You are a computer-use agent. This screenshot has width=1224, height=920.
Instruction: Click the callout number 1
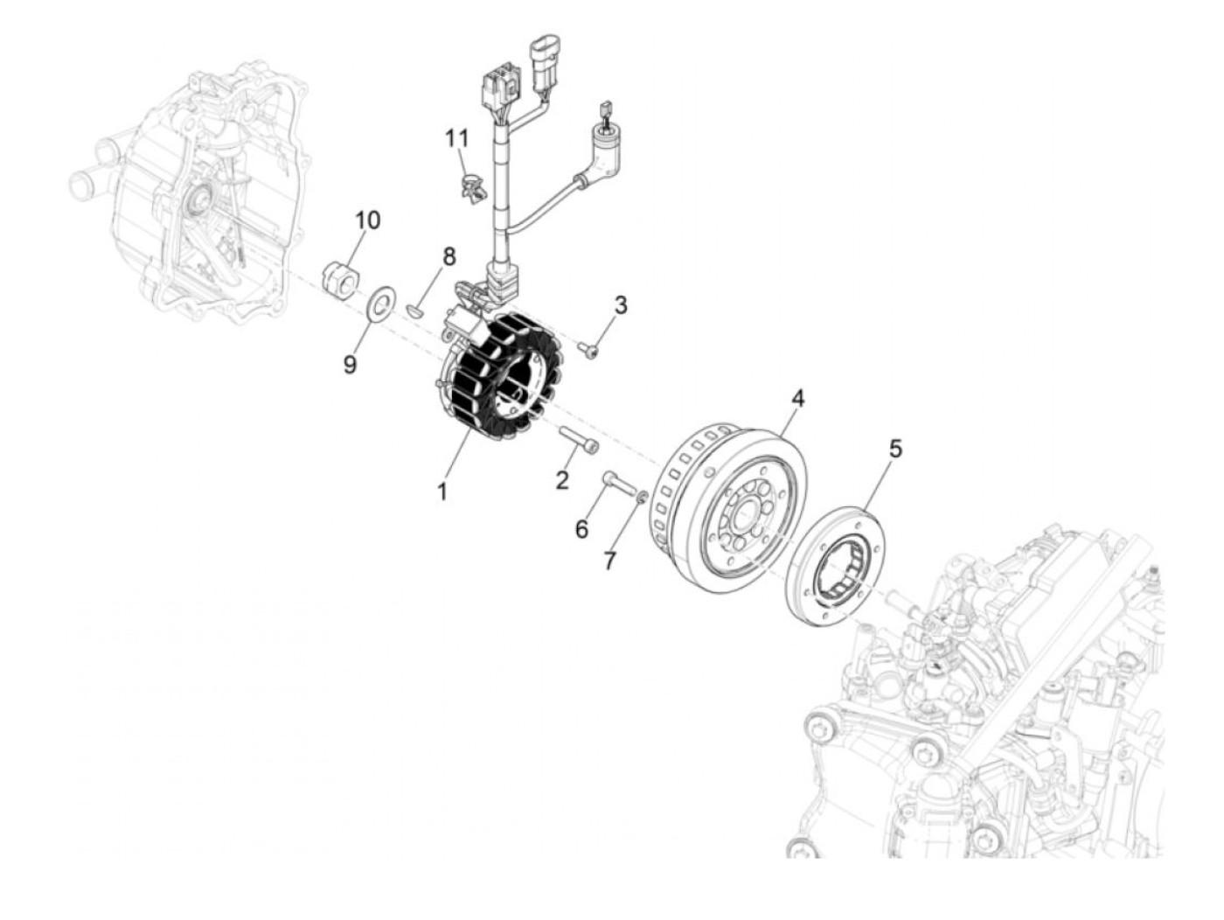pyautogui.click(x=442, y=491)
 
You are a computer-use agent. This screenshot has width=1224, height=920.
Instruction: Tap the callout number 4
pyautogui.click(x=797, y=400)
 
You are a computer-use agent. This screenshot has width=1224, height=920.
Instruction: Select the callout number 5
pyautogui.click(x=894, y=449)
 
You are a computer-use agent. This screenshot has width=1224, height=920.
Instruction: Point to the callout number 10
pyautogui.click(x=368, y=220)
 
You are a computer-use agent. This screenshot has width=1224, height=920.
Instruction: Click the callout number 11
pyautogui.click(x=456, y=138)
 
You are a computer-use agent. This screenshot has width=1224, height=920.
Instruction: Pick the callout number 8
pyautogui.click(x=449, y=257)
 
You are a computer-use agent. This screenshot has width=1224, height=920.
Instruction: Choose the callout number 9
pyautogui.click(x=350, y=364)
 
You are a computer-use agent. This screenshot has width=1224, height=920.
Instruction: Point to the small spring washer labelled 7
pyautogui.click(x=641, y=498)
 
